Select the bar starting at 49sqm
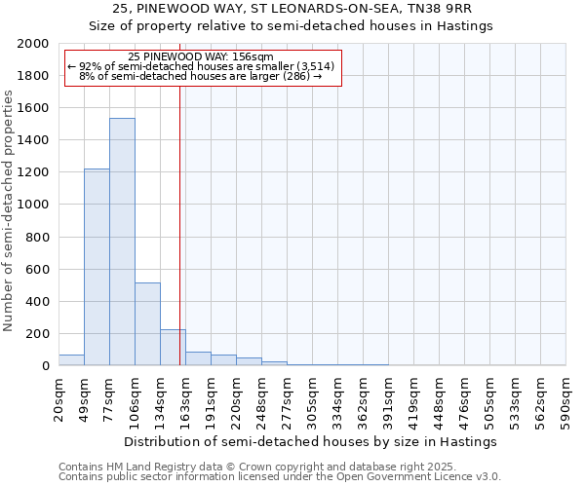[x=97, y=267]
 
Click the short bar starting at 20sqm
[x=71, y=360]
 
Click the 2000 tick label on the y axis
[x=33, y=44]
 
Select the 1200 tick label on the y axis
[x=33, y=172]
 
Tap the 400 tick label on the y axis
[x=38, y=301]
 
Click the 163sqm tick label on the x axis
[x=186, y=398]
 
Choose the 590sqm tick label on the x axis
[x=566, y=398]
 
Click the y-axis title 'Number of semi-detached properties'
[x=10, y=210]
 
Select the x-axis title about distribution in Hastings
[x=309, y=441]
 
